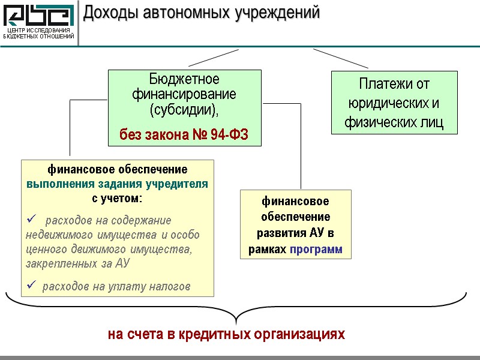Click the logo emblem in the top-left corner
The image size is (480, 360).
tap(38, 14)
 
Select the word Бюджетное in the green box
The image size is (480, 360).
tap(184, 80)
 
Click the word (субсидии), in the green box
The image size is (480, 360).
tap(184, 110)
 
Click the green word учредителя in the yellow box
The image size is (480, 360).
tap(179, 184)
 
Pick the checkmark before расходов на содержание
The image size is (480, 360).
tap(32, 220)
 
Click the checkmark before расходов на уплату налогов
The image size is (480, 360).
tap(32, 286)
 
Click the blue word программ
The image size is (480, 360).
tap(316, 248)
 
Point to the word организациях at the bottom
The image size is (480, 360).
tap(302, 334)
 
